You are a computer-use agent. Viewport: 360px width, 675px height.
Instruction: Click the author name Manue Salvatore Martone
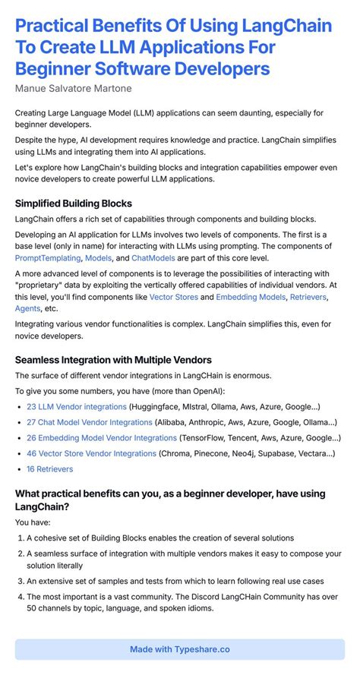tap(74, 88)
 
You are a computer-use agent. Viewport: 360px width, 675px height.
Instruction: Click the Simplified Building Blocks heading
tap(74, 203)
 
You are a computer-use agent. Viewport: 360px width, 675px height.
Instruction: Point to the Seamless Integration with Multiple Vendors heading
tap(113, 359)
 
